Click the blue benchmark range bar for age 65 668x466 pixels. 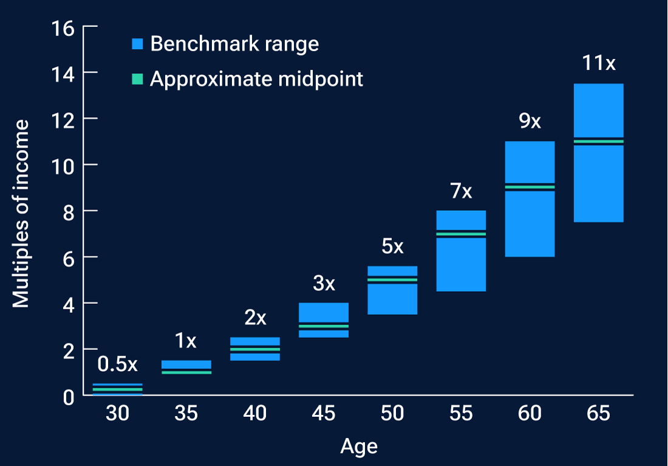pyautogui.click(x=599, y=182)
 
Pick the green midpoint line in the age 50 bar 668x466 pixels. pyautogui.click(x=392, y=280)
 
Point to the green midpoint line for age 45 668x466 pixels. pyautogui.click(x=324, y=326)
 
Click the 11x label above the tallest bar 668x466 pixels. pyautogui.click(x=599, y=63)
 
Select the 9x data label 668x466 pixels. pyautogui.click(x=530, y=121)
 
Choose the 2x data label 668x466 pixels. pyautogui.click(x=255, y=317)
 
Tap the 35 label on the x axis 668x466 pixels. pyautogui.click(x=186, y=414)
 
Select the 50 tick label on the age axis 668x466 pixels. pyautogui.click(x=392, y=414)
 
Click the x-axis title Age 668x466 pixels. pyautogui.click(x=359, y=446)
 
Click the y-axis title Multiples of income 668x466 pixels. pyautogui.click(x=21, y=213)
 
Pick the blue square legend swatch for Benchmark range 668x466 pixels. pyautogui.click(x=138, y=44)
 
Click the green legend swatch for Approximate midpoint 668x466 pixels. pyautogui.click(x=138, y=79)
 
